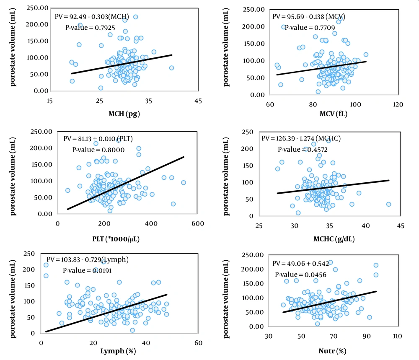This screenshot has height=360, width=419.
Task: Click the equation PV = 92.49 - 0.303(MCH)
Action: coord(91,17)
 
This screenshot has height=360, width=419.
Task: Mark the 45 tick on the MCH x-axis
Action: coord(198,101)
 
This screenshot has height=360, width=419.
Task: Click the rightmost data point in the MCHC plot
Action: coord(388,204)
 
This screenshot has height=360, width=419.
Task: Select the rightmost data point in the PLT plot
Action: coord(184,182)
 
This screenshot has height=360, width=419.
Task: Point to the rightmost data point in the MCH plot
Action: coord(171,68)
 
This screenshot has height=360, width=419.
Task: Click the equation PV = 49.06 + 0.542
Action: coord(296,264)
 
